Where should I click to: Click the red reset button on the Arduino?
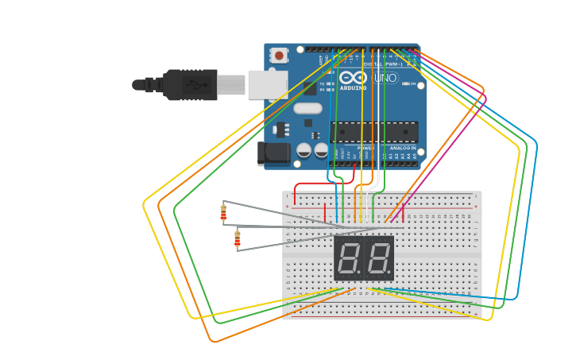279,56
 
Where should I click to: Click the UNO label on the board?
385,78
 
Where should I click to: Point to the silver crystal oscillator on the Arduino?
307,108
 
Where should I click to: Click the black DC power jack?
274,154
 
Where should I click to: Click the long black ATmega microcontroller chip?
374,132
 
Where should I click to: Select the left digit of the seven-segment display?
349,258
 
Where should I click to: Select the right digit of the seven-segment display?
378,258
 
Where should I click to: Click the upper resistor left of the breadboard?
223,213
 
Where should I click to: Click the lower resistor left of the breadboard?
237,238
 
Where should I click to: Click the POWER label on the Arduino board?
365,148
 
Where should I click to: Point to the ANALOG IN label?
403,148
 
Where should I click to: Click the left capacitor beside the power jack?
303,149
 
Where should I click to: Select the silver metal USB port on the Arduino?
267,84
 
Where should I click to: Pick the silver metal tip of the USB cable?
231,84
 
